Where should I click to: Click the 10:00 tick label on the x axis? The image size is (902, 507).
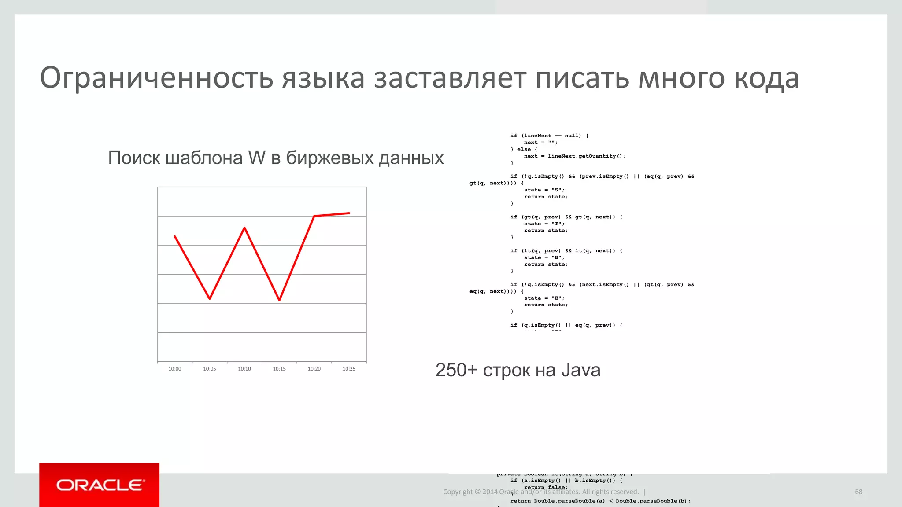click(175, 369)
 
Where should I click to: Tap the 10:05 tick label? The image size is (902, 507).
click(210, 369)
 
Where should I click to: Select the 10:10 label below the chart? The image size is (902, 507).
click(244, 369)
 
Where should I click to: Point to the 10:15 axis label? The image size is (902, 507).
click(279, 369)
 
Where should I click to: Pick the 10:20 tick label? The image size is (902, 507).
click(314, 369)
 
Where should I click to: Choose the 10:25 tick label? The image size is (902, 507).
click(349, 369)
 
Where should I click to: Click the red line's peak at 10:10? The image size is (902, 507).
click(244, 228)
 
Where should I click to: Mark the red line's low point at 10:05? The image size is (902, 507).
click(210, 299)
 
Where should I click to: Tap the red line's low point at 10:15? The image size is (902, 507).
click(280, 300)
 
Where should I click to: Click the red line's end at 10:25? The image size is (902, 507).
click(349, 213)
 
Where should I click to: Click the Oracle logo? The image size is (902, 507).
click(100, 485)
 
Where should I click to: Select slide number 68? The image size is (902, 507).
click(858, 492)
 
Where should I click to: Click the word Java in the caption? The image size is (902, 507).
click(580, 370)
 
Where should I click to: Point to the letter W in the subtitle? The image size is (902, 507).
click(257, 158)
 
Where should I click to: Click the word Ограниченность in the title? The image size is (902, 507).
click(157, 78)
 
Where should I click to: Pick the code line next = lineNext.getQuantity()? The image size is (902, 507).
click(575, 156)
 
